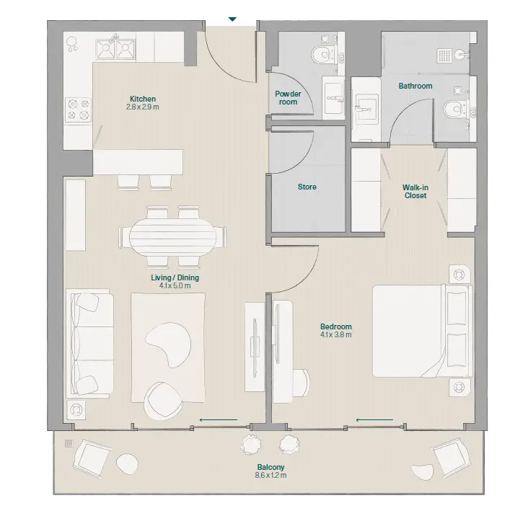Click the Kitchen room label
coord(143,99)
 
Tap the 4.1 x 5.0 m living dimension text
coord(175,286)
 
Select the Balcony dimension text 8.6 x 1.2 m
coord(270,476)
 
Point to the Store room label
coord(307,187)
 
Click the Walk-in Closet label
coord(415,192)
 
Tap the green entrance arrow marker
coord(232,19)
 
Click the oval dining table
coord(172,237)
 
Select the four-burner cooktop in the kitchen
coord(78,110)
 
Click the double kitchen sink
coord(115,50)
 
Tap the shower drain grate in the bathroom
coord(444,55)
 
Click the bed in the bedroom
coord(422,331)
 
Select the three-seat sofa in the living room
coord(90,342)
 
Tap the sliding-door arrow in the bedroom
coord(374,420)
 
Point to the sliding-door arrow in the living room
coord(219,420)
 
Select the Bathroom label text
coord(415,86)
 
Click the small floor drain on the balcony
coord(69,443)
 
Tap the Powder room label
coord(289,98)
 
